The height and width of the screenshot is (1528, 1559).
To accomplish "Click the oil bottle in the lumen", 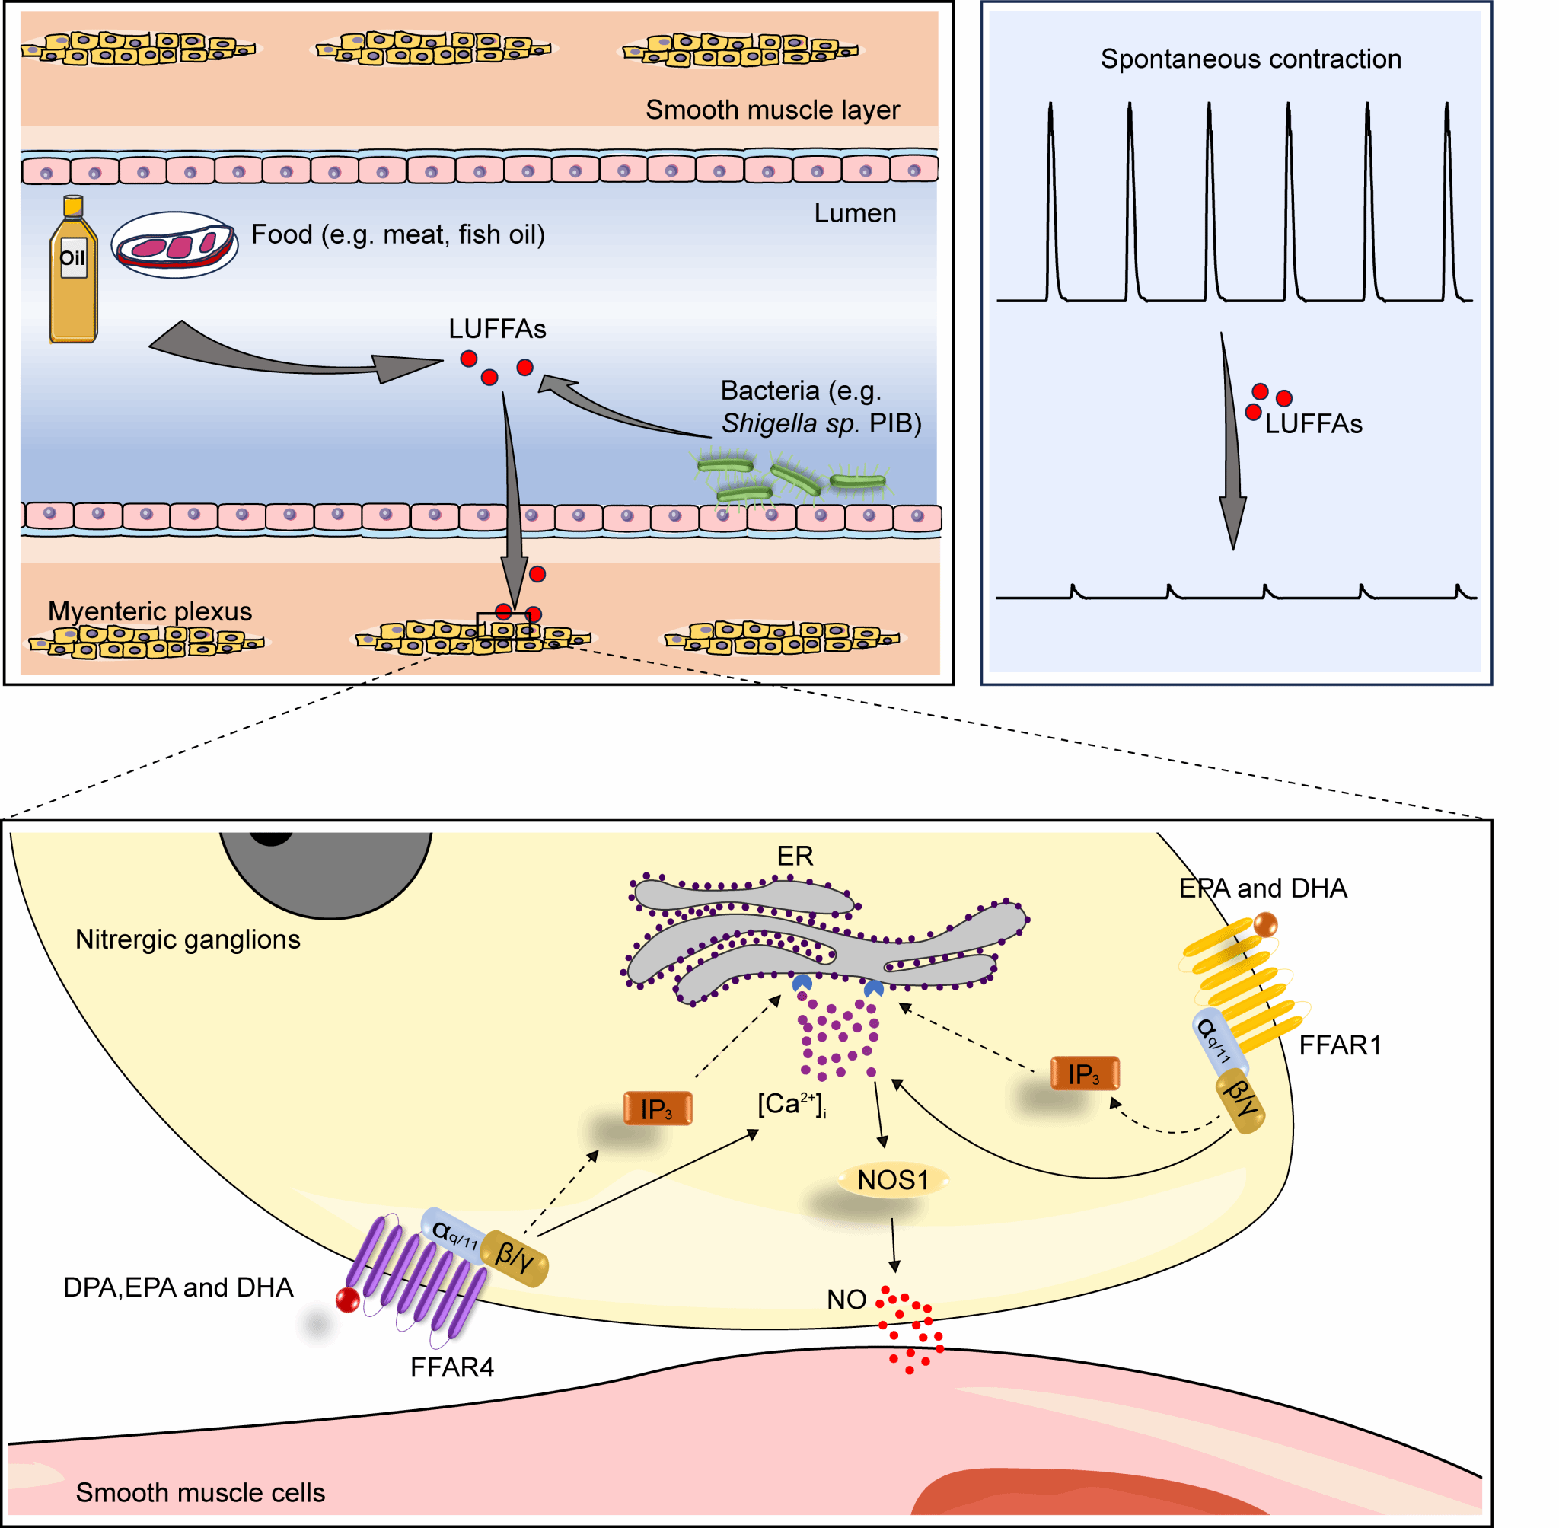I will click(x=73, y=273).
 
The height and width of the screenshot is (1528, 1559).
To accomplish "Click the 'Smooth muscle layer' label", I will click(x=772, y=110).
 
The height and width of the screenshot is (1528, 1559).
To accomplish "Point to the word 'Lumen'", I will click(x=855, y=213).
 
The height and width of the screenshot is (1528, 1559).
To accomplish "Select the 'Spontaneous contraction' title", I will click(x=1250, y=59).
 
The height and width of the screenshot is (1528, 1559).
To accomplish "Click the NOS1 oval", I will click(x=892, y=1181).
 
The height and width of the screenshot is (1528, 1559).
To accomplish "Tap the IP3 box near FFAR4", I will click(x=657, y=1109).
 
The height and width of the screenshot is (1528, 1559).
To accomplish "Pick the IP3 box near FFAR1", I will click(x=1084, y=1073).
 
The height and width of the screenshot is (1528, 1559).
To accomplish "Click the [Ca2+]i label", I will click(x=791, y=1104).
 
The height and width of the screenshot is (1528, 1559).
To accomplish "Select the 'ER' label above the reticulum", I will click(x=794, y=857).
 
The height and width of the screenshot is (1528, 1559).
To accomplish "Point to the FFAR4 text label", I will click(x=451, y=1367).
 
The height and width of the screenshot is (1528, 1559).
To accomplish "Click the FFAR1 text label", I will click(x=1340, y=1045).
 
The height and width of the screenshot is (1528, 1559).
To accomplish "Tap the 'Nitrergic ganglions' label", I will click(x=188, y=939).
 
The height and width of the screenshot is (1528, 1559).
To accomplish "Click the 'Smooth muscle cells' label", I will click(x=201, y=1493).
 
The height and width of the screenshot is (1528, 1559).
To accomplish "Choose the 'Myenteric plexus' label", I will click(x=150, y=611).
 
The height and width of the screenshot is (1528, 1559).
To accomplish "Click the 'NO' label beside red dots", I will click(x=846, y=1300).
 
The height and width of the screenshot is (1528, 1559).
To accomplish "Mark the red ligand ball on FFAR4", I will click(x=347, y=1300).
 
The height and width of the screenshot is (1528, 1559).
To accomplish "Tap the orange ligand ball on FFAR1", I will click(x=1264, y=924).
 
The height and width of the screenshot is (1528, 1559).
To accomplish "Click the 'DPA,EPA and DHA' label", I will click(x=178, y=1287).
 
